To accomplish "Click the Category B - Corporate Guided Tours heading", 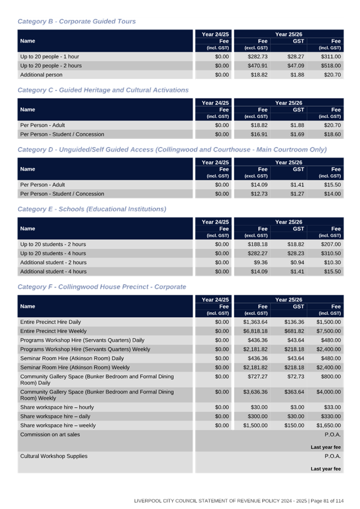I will [77, 21].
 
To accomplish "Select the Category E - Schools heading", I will [92, 209].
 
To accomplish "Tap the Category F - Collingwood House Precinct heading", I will [101, 286].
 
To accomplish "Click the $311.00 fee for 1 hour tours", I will [330, 56].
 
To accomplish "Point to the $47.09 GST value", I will [294, 66].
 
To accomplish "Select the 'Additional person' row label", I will [41, 74].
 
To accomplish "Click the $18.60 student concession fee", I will [331, 134].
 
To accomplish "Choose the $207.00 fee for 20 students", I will [330, 244].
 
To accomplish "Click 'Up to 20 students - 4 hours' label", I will [53, 253].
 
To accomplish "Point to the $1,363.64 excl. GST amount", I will [255, 322].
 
